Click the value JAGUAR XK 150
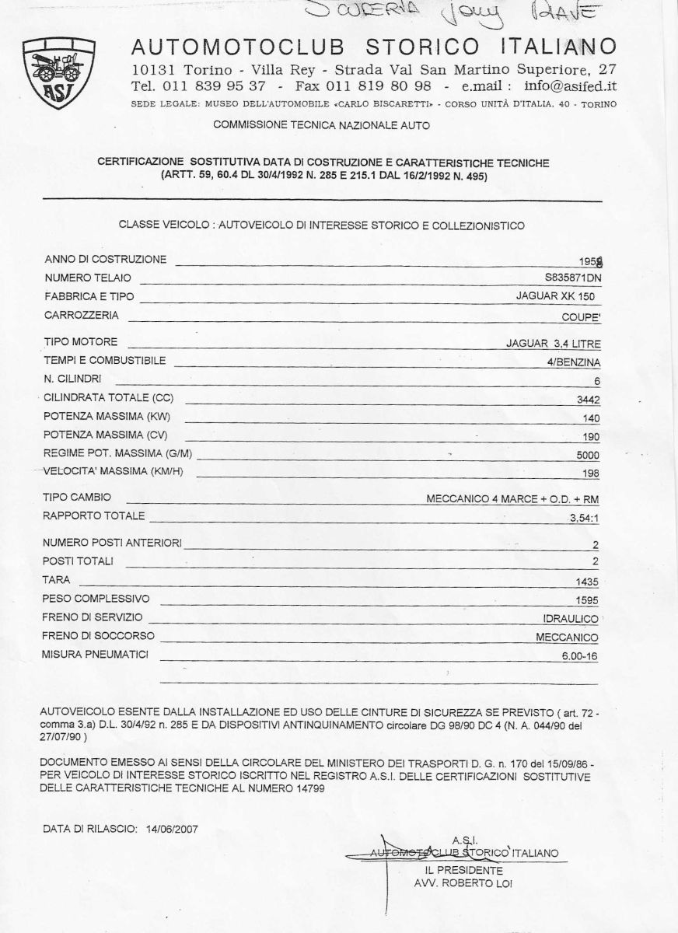point(558,296)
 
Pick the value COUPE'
point(580,317)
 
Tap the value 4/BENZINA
point(573,362)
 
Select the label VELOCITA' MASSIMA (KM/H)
point(113,471)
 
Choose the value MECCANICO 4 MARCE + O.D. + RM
point(512,498)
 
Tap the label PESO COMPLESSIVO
point(96,599)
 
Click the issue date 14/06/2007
point(171,828)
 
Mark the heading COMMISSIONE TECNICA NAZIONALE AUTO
point(320,124)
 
